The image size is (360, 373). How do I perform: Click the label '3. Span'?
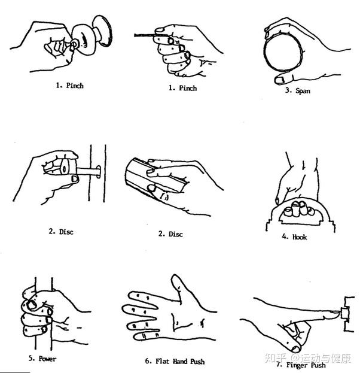(x=297, y=91)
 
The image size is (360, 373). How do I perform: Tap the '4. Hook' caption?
(x=294, y=237)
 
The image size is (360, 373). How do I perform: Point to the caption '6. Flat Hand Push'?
(x=175, y=362)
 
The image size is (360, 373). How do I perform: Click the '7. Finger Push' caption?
(x=301, y=365)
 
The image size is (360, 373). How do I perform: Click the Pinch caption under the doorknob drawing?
(x=69, y=86)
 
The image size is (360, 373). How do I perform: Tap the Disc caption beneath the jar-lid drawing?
(x=170, y=233)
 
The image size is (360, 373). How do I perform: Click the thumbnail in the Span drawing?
(x=280, y=79)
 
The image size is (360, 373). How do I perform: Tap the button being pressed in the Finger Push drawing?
(x=345, y=311)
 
